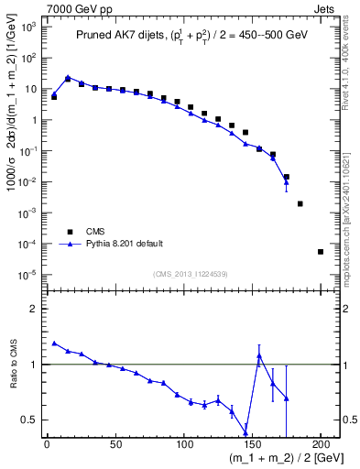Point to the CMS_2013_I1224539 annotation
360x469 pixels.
click(x=192, y=273)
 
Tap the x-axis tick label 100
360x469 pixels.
click(x=184, y=444)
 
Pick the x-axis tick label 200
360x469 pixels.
click(x=322, y=444)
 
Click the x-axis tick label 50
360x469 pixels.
click(x=115, y=444)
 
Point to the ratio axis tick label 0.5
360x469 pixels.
click(x=31, y=420)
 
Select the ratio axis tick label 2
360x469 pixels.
click(x=34, y=309)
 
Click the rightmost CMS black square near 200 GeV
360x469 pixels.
click(x=321, y=252)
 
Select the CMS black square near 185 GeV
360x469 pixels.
click(x=300, y=203)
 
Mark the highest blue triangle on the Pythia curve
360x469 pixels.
click(x=68, y=78)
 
